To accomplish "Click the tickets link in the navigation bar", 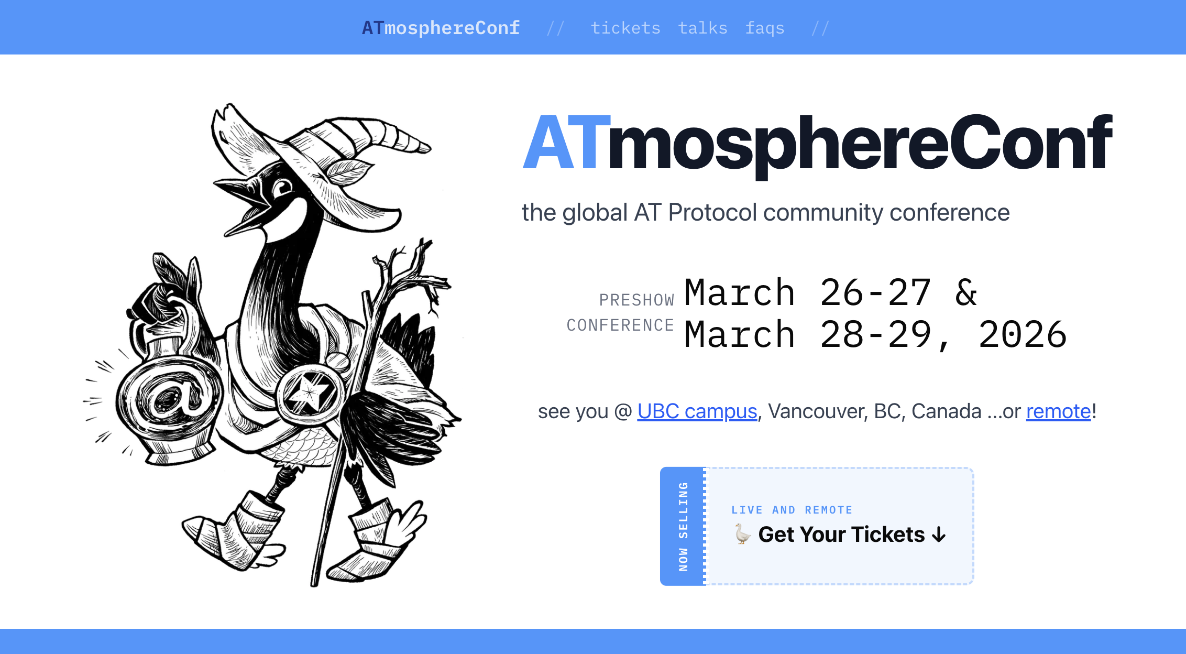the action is coord(625,28).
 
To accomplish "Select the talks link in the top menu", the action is coord(702,28).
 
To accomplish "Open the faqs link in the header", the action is coord(765,28).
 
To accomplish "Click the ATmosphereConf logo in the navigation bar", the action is coord(441,28).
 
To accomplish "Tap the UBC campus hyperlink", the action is coord(697,411).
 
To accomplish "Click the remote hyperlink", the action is coord(1058,411).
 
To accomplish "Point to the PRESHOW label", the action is coord(636,300).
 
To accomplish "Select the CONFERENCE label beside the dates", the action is coord(620,325).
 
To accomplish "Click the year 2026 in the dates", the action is coord(1023,335).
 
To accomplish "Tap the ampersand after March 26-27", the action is coord(967,292).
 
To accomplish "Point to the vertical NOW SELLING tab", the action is coord(683,526).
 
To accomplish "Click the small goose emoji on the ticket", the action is coord(742,535).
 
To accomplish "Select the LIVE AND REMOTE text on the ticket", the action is coord(792,510).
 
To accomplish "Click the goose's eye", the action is coord(283,187).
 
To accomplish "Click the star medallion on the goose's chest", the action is coord(310,392).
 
